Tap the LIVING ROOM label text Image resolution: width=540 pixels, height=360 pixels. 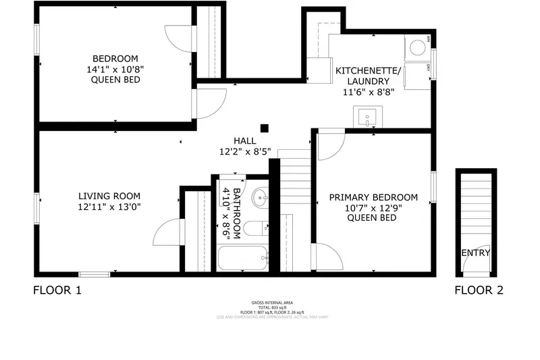pyautogui.click(x=109, y=201)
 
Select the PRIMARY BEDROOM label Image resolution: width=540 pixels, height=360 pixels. pyautogui.click(x=373, y=207)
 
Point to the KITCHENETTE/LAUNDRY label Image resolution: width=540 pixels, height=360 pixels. pyautogui.click(x=369, y=81)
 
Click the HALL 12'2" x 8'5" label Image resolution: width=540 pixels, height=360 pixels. pyautogui.click(x=244, y=146)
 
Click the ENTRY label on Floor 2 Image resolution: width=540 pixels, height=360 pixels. pyautogui.click(x=476, y=253)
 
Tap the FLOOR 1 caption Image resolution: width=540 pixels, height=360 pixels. pyautogui.click(x=57, y=291)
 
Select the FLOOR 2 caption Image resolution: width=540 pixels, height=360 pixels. pyautogui.click(x=479, y=291)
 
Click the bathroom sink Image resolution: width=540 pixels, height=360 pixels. pyautogui.click(x=260, y=199)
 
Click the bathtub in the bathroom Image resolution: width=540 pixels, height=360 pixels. pyautogui.click(x=243, y=258)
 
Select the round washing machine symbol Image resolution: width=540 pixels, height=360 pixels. pyautogui.click(x=418, y=47)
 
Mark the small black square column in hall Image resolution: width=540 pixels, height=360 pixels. pyautogui.click(x=265, y=127)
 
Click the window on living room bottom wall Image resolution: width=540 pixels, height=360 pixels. pyautogui.click(x=94, y=274)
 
